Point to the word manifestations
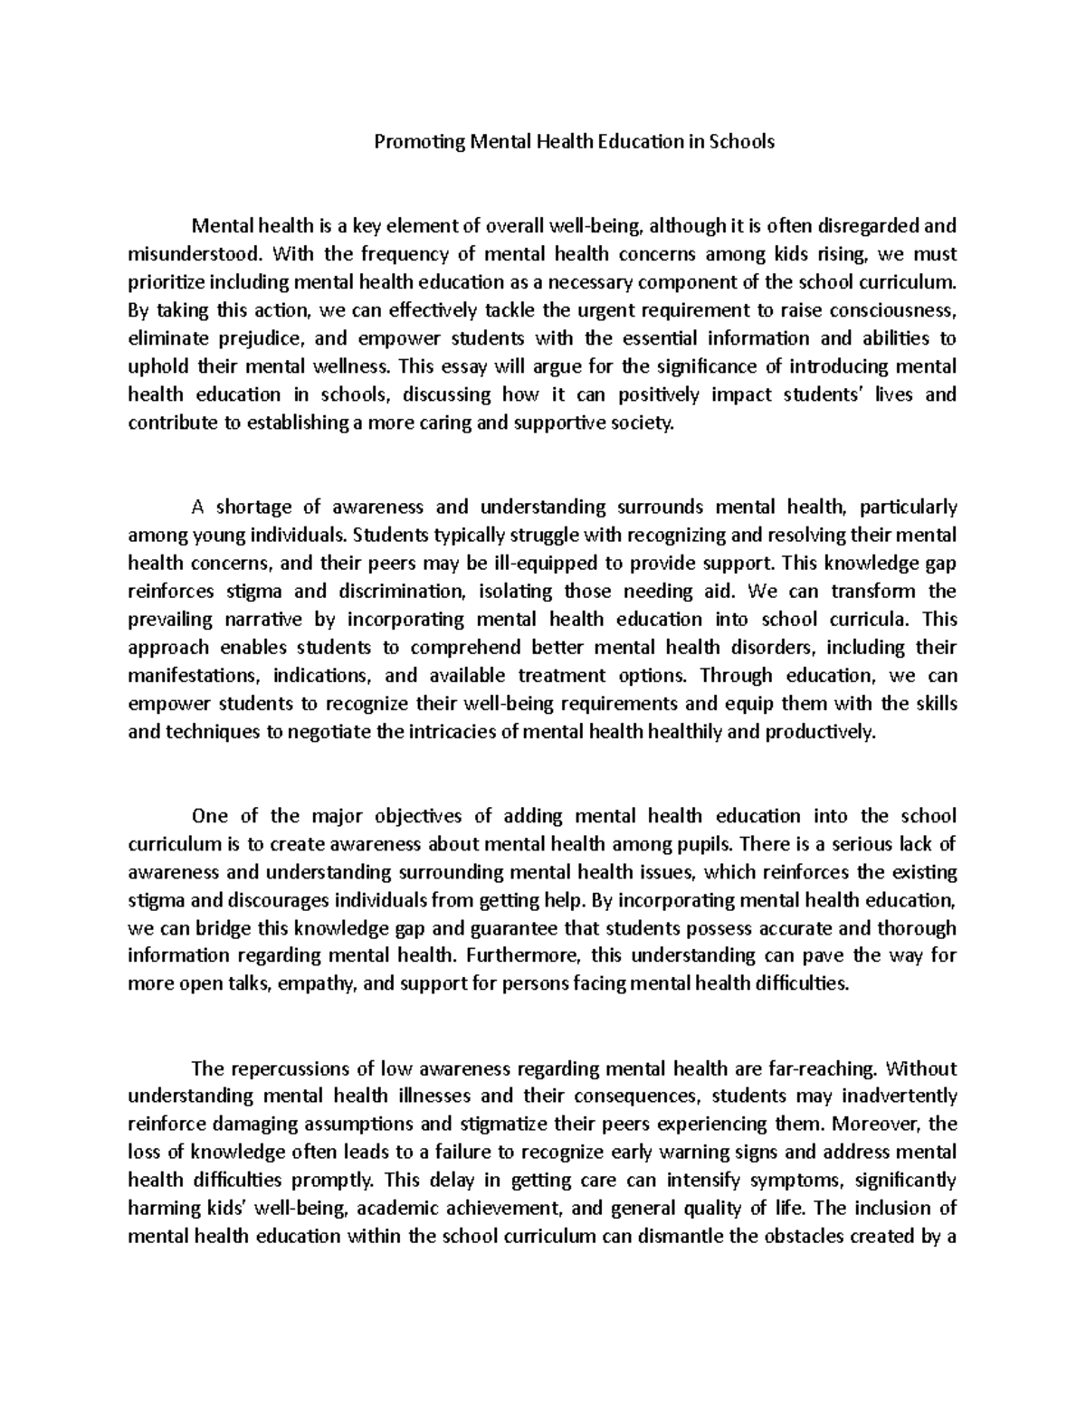187,676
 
